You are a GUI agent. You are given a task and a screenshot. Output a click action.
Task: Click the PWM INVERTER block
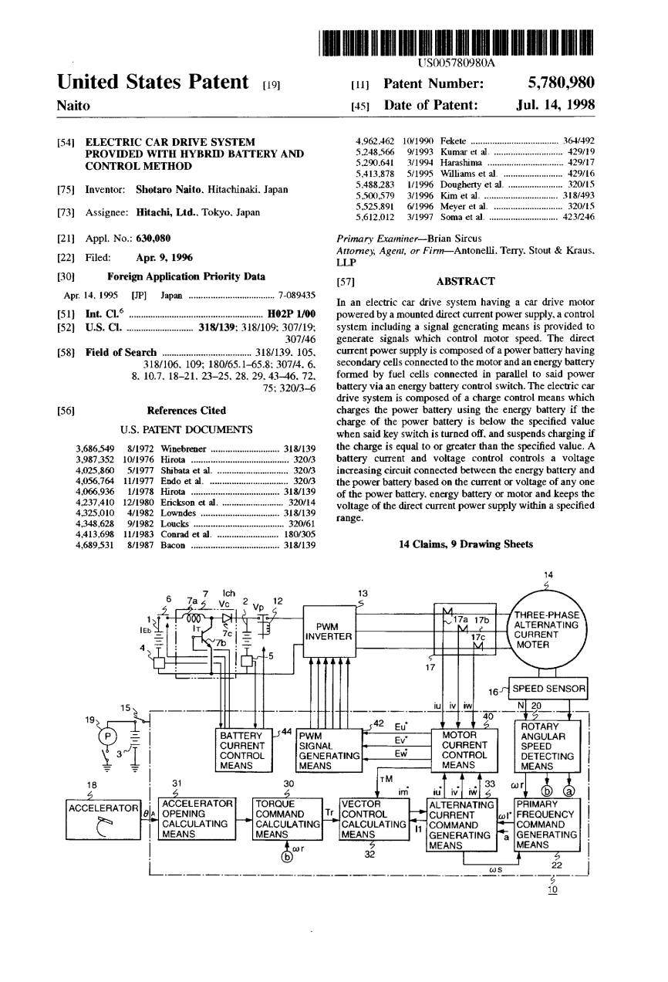tap(329, 632)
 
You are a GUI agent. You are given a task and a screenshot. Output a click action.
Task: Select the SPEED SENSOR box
tap(550, 688)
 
